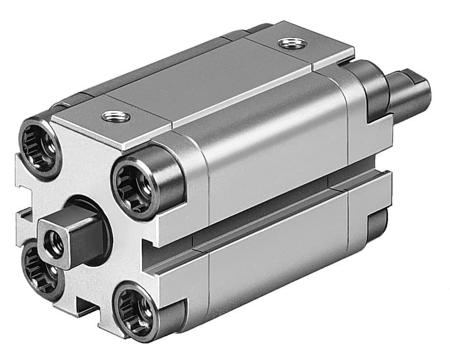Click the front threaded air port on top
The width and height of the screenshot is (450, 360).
116,117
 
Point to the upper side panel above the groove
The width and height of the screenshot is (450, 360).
274,142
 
